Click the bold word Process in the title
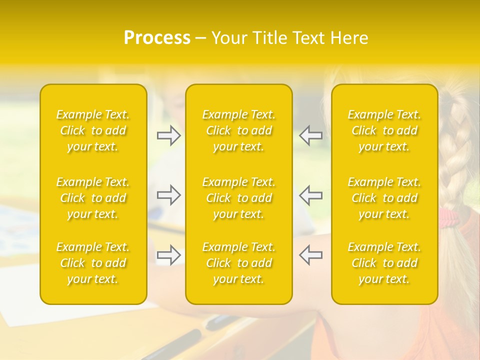pyautogui.click(x=157, y=38)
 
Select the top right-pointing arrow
pyautogui.click(x=168, y=135)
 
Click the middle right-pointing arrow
pyautogui.click(x=168, y=195)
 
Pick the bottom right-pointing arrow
pyautogui.click(x=168, y=255)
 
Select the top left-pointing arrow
pyautogui.click(x=311, y=135)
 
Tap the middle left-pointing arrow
pyautogui.click(x=311, y=195)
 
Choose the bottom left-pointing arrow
pyautogui.click(x=311, y=255)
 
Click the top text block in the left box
pyautogui.click(x=93, y=130)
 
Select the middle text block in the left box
pyautogui.click(x=93, y=198)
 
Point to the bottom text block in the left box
pyautogui.click(x=93, y=263)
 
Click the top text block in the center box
pyautogui.click(x=239, y=130)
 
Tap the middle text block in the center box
pyautogui.click(x=239, y=198)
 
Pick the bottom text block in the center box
pyautogui.click(x=239, y=263)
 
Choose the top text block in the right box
pyautogui.click(x=384, y=130)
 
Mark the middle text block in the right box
pyautogui.click(x=384, y=198)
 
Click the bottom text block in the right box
pyautogui.click(x=384, y=263)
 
